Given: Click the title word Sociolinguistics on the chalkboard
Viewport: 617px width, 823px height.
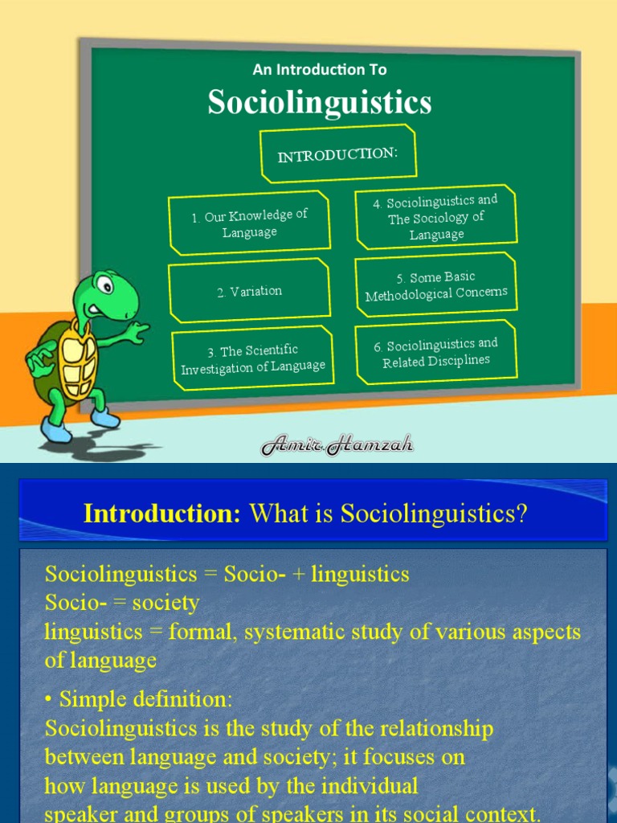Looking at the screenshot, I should pos(319,103).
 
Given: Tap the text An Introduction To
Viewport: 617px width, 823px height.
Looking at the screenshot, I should pos(319,70).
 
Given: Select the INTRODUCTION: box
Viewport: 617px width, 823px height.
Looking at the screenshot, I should pos(337,154).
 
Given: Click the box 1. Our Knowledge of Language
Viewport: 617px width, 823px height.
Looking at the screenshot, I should pos(249,223).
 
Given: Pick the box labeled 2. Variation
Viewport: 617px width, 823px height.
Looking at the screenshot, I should pos(249,291).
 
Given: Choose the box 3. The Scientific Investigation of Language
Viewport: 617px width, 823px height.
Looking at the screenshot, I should pos(253,358).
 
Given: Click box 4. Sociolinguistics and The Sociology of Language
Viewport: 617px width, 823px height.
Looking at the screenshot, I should pos(436,217).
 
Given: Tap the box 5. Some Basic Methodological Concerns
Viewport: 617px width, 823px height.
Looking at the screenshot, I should pos(436,285).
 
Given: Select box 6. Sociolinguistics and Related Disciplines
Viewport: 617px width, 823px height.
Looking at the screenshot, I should pos(436,352).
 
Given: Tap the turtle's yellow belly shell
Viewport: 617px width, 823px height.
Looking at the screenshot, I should pos(78,358).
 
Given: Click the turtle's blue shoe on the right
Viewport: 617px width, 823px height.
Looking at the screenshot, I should pos(105,418).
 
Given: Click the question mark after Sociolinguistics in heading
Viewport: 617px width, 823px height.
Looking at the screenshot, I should pos(521,514).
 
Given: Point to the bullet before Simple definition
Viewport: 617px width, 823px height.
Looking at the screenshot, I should pos(49,699).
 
